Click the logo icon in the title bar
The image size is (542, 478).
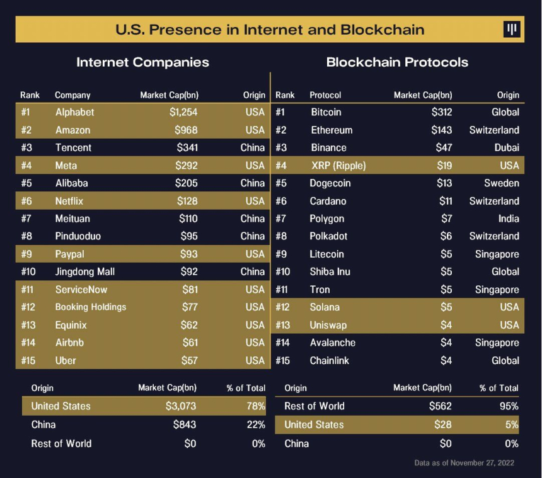[x=512, y=30]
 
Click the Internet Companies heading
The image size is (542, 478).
[x=142, y=62]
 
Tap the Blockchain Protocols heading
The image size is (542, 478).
[x=397, y=62]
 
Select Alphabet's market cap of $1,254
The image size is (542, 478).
[x=183, y=112]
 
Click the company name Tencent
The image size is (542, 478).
[x=73, y=147]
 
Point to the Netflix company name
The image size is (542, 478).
[x=69, y=201]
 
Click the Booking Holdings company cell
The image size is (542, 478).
[x=91, y=307]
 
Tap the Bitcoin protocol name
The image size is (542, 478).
[x=326, y=112]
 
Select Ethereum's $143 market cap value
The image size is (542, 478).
[x=442, y=130]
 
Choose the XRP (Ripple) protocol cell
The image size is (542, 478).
[x=338, y=166]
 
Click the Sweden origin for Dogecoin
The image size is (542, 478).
[x=502, y=183]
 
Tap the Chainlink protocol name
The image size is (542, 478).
[x=330, y=360]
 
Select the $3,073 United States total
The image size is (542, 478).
[x=181, y=406]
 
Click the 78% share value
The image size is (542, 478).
[x=256, y=406]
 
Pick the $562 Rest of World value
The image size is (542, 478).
[x=439, y=406]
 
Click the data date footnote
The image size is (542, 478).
[x=464, y=463]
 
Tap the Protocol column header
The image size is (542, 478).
[x=325, y=95]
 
